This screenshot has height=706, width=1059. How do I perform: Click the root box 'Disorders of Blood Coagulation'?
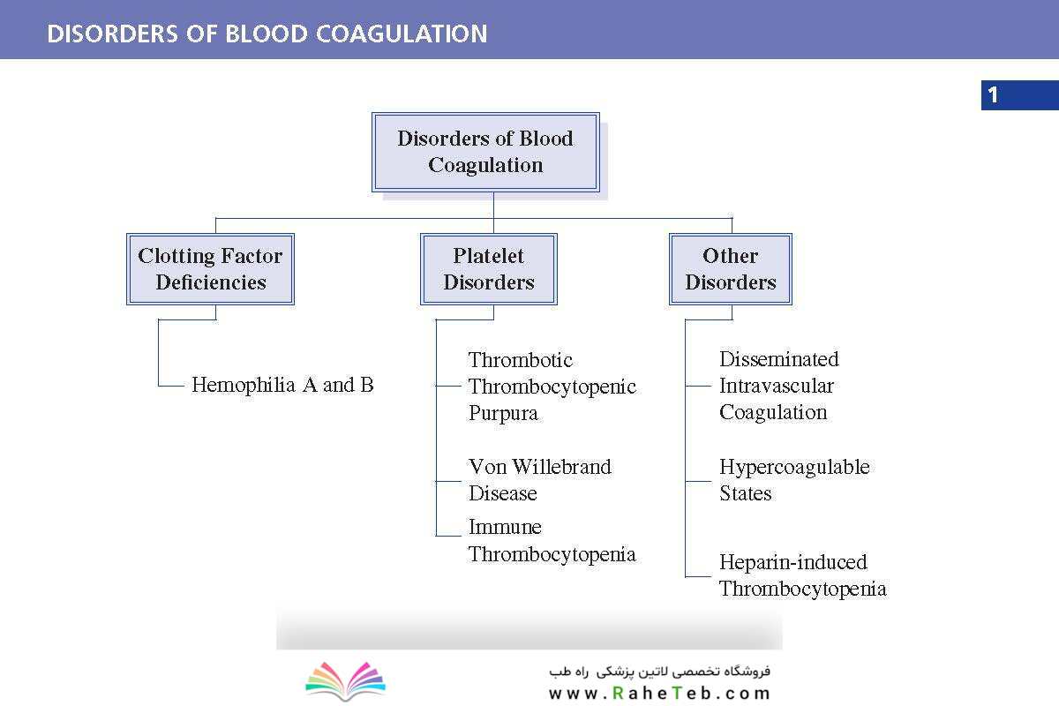click(485, 152)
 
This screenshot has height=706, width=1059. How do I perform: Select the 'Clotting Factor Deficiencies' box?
click(210, 269)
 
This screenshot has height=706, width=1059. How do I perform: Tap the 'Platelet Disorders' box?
click(489, 269)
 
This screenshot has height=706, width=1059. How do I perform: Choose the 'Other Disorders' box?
click(731, 269)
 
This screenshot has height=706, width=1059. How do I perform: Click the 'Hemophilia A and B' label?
click(282, 385)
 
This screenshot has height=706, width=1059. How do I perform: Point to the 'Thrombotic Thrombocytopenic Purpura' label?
click(552, 387)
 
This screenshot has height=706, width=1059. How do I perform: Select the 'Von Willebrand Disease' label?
click(539, 480)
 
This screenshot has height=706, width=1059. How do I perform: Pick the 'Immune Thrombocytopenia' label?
click(552, 540)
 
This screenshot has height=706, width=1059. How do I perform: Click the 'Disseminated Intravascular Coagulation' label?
click(779, 386)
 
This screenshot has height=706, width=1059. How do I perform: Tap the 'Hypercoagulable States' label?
click(794, 480)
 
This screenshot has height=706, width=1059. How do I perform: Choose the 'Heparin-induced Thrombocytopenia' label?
click(803, 575)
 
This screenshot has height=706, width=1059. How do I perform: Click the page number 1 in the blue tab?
click(993, 95)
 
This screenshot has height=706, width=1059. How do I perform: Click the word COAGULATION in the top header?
click(402, 34)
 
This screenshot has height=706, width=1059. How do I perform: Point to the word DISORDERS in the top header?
click(113, 34)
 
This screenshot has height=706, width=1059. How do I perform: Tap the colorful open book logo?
click(346, 681)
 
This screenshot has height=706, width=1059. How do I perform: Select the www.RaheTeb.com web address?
click(659, 694)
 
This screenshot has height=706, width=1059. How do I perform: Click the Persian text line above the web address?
click(659, 671)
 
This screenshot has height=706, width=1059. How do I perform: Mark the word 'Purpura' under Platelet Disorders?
click(503, 413)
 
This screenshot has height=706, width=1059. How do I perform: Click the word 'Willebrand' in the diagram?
click(561, 467)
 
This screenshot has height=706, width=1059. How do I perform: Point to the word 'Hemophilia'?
click(243, 385)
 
